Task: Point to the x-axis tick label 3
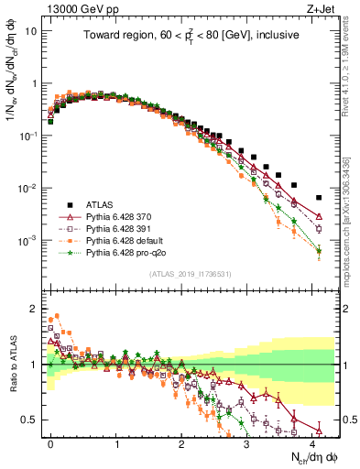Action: pos(246,442)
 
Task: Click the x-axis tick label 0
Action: pos(50,442)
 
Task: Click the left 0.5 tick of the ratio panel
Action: pos(29,420)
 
